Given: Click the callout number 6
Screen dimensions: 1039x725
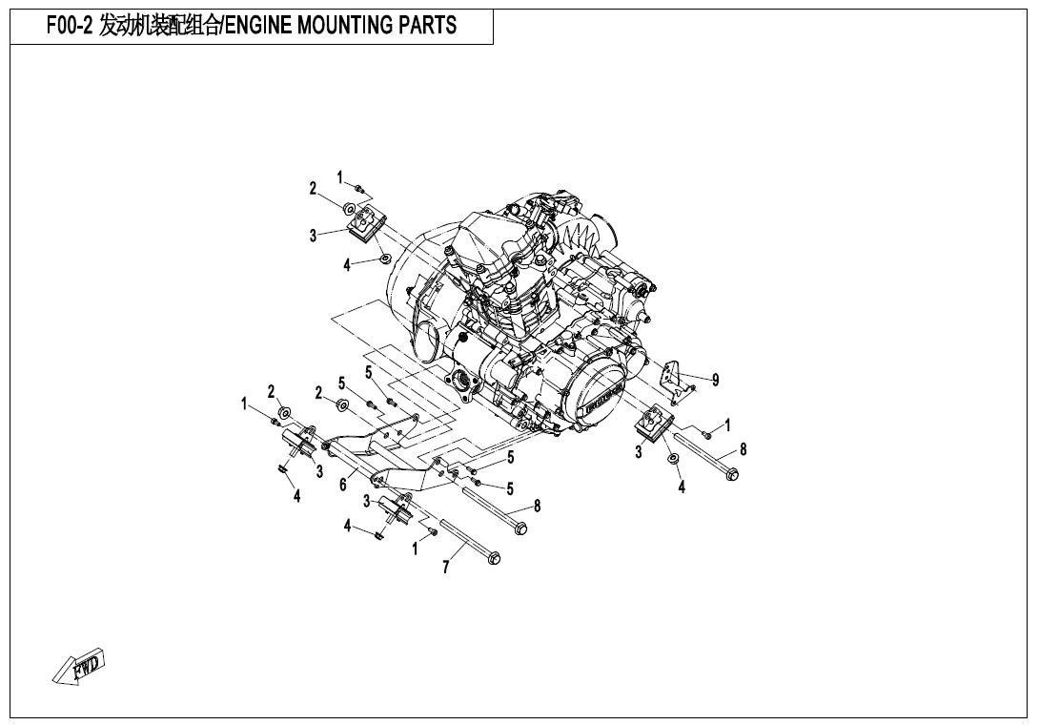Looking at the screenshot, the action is pyautogui.click(x=342, y=485).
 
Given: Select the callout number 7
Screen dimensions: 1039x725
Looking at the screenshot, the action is pyautogui.click(x=446, y=568).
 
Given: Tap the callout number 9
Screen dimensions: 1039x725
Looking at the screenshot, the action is pyautogui.click(x=715, y=380).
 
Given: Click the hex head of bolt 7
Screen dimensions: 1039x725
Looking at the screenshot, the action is pyautogui.click(x=494, y=558).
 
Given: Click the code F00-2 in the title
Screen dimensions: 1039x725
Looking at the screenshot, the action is pyautogui.click(x=70, y=26).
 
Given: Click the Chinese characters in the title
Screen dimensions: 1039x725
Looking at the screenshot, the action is pyautogui.click(x=159, y=26).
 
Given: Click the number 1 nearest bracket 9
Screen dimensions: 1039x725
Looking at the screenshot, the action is pyautogui.click(x=727, y=425).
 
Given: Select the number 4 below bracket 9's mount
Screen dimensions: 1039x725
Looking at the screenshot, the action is pyautogui.click(x=682, y=487).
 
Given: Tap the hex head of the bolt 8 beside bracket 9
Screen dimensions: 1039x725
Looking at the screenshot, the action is pyautogui.click(x=731, y=473).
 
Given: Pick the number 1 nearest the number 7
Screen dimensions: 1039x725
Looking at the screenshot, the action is pyautogui.click(x=416, y=549).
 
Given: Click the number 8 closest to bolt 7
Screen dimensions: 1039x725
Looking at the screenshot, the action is pyautogui.click(x=537, y=506).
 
